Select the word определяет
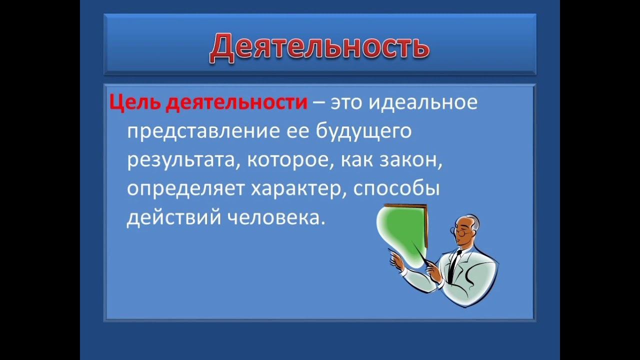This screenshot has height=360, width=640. tap(185, 189)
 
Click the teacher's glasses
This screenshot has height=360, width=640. tap(461, 231)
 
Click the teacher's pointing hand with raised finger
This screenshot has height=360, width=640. tap(396, 258)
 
